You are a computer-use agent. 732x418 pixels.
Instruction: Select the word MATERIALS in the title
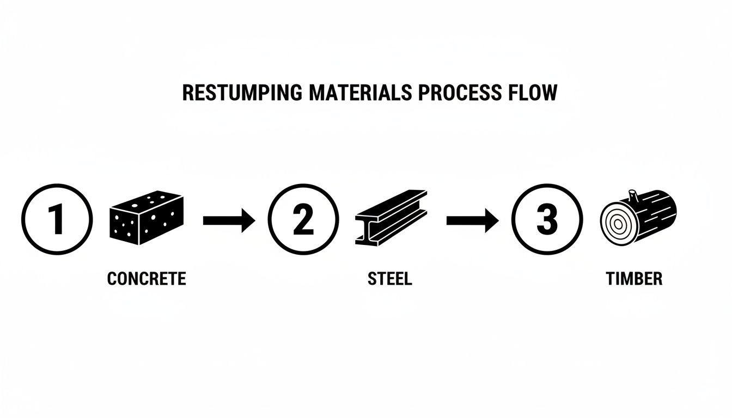click(360, 93)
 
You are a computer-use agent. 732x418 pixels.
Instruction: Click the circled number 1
click(57, 220)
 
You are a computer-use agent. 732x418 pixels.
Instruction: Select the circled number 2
click(303, 220)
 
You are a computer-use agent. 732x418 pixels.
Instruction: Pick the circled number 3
click(547, 220)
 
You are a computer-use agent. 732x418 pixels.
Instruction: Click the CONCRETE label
click(147, 279)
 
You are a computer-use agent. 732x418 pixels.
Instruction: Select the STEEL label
click(390, 279)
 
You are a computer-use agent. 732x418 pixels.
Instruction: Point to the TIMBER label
click(634, 279)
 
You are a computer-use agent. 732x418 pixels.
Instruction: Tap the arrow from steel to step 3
click(472, 220)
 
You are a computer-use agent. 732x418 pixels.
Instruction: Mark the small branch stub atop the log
click(633, 194)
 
